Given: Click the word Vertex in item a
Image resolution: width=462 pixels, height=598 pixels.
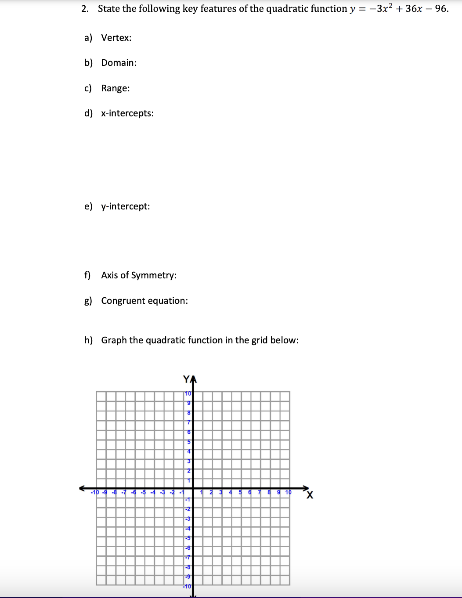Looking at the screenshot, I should (116, 38).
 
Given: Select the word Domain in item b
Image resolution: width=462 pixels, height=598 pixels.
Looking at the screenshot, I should (119, 63).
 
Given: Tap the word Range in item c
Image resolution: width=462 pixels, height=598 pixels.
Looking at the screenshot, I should (115, 88).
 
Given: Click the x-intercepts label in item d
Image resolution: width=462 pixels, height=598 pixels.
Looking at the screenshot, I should (127, 113).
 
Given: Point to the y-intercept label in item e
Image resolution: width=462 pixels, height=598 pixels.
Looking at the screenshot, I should (125, 206).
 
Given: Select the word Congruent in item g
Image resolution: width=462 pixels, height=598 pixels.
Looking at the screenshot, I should (123, 301).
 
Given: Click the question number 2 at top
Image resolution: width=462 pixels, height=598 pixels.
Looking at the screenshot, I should (84, 9).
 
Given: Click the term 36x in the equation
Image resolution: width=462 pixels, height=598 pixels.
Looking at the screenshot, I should (414, 9).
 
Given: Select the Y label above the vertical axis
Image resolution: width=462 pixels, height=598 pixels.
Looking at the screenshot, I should (187, 378).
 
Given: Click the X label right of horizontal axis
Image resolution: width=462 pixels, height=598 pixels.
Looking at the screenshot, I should (310, 495).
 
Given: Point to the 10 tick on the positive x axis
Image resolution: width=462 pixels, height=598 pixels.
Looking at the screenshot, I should (288, 492).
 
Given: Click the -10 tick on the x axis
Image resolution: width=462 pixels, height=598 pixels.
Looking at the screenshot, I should (95, 492).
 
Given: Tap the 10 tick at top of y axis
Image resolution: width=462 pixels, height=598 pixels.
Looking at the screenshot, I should (188, 393).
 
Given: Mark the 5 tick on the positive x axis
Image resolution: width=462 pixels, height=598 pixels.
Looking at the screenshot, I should (240, 492).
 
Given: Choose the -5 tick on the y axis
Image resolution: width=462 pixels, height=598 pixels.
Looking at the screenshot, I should (188, 538).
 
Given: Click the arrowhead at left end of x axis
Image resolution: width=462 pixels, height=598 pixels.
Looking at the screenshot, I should (82, 488).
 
